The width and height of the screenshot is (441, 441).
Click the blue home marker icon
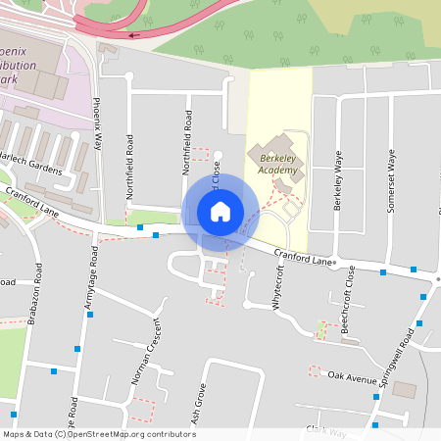pyautogui.click(x=220, y=211)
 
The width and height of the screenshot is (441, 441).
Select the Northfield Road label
pyautogui.click(x=187, y=142)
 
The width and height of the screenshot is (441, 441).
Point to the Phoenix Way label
pyautogui.click(x=97, y=122)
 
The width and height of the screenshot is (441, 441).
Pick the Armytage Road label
pyautogui.click(x=94, y=276)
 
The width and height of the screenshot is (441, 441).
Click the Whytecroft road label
pyautogui.click(x=279, y=287)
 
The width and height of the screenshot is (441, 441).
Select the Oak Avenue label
pyautogui.click(x=353, y=376)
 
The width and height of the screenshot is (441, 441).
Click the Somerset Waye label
pyautogui.click(x=390, y=174)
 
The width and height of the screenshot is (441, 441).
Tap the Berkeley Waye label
pyautogui.click(x=338, y=181)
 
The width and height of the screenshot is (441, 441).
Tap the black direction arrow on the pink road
pyautogui.click(x=133, y=34)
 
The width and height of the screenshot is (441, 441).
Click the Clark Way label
pyautogui.click(x=326, y=430)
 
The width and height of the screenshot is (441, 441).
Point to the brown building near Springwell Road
pyautogui.click(x=404, y=390)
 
